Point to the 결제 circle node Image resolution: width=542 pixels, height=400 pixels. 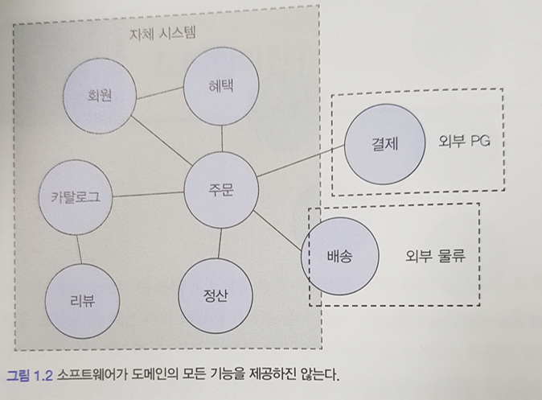(x=384, y=143)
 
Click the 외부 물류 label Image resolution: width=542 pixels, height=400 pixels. (x=436, y=258)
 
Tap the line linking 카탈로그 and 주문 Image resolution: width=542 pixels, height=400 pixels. (x=149, y=193)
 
